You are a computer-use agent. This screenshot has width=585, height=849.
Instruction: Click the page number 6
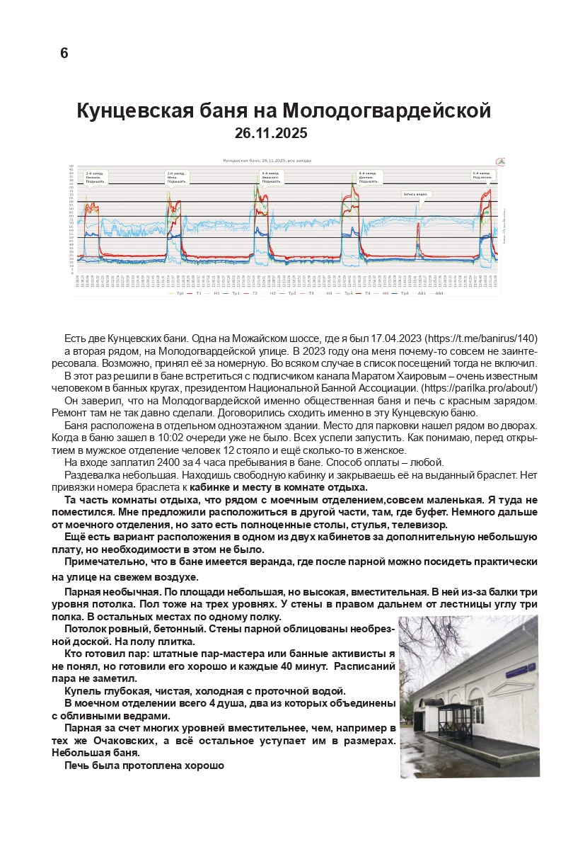64,53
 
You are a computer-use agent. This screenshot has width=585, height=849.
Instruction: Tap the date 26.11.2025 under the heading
271,132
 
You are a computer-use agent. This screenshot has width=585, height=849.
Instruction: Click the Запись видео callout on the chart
416,193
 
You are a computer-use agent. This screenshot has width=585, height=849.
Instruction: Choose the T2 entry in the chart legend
254,292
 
